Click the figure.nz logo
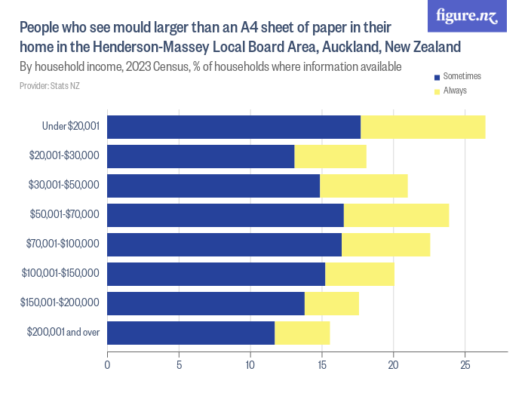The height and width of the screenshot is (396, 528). pyautogui.click(x=467, y=16)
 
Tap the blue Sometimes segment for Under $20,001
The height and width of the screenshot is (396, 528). pyautogui.click(x=234, y=127)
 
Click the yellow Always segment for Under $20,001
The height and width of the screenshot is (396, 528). pyautogui.click(x=422, y=127)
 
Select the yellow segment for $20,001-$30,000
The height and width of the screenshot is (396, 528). pyautogui.click(x=330, y=156)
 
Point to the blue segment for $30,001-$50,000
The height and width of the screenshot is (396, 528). pyautogui.click(x=213, y=186)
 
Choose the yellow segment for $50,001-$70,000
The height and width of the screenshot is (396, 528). pyautogui.click(x=396, y=215)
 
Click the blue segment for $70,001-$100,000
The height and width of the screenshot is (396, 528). pyautogui.click(x=224, y=244)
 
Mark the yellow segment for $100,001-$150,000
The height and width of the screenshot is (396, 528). pyautogui.click(x=360, y=274)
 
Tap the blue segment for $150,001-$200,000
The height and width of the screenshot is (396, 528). pyautogui.click(x=205, y=303)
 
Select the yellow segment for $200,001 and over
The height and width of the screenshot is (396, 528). pyautogui.click(x=302, y=333)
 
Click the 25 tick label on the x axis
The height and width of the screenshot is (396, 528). pyautogui.click(x=465, y=366)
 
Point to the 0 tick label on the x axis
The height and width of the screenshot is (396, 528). pyautogui.click(x=107, y=366)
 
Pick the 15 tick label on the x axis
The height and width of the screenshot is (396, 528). pyautogui.click(x=322, y=366)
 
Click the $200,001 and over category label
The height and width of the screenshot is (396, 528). pyautogui.click(x=63, y=333)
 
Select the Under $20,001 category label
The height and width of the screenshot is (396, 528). pyautogui.click(x=71, y=127)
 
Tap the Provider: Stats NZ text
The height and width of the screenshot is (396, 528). pyautogui.click(x=50, y=87)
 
